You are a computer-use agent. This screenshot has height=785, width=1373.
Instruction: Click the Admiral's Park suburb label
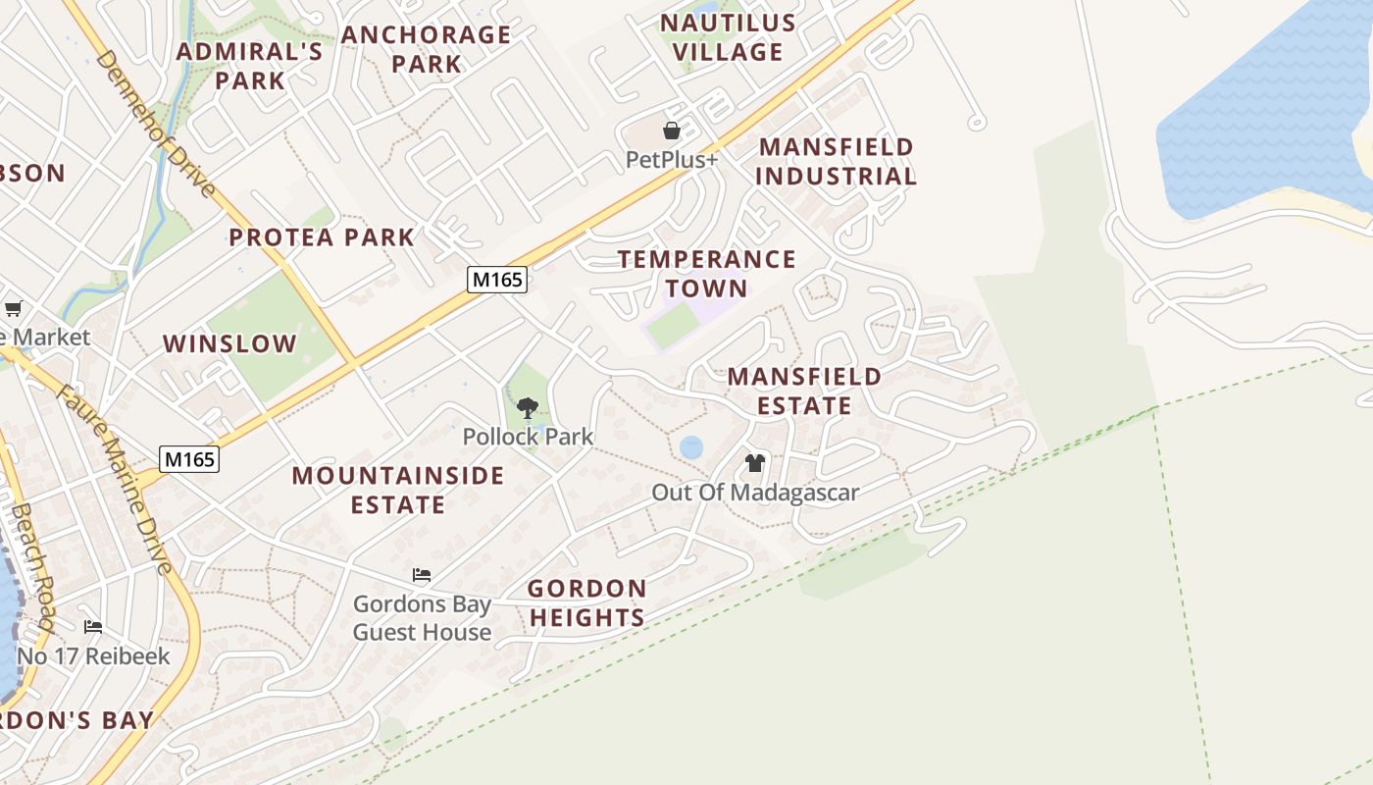point(249,66)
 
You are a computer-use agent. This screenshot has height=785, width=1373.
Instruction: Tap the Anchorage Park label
point(427,49)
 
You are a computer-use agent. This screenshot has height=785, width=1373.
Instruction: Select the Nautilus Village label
point(728,37)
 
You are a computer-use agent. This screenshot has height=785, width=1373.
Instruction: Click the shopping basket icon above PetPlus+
point(672,131)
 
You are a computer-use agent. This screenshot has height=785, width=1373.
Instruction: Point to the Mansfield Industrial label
point(837,162)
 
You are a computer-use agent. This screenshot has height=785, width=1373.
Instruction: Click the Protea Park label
point(322,237)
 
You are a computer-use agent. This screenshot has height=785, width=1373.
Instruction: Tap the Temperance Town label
point(707,274)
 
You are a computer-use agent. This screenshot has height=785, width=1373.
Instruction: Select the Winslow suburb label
point(229,344)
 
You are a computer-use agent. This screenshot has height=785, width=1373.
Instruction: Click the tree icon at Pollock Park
point(528,408)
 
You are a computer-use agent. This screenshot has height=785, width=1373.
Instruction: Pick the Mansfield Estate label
point(804,391)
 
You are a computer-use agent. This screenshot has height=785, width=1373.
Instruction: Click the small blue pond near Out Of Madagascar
point(691,447)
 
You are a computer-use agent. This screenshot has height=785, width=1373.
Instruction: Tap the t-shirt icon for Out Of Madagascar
point(754,463)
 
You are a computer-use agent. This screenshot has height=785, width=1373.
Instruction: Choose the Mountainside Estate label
point(398,490)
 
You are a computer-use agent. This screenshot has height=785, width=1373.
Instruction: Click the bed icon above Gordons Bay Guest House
point(422,575)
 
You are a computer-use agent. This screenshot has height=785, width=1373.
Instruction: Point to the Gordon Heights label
point(587,602)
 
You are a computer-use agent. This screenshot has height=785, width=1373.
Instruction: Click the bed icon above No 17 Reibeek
point(93,627)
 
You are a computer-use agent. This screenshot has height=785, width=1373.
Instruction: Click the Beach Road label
point(32,566)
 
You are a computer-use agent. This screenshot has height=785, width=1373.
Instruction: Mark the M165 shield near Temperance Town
point(497,280)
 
